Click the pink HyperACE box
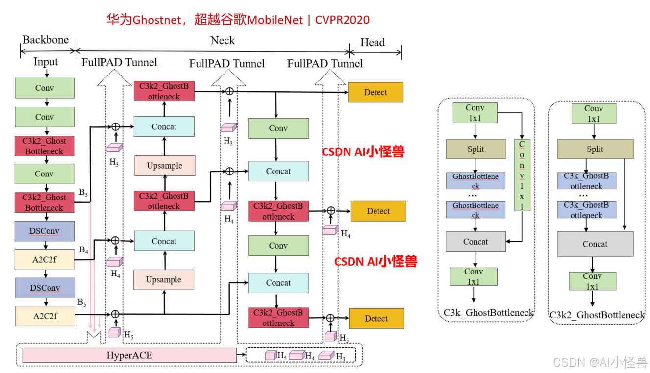tap(129, 355)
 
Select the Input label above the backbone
tap(46, 62)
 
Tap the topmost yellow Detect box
tap(375, 92)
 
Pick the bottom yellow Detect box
tap(376, 318)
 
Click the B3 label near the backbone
tap(83, 193)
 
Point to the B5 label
tap(82, 302)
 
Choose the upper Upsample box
tap(164, 166)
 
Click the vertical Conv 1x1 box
tap(522, 175)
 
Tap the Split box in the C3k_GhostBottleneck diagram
tap(475, 149)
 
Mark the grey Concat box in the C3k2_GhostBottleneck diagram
tap(595, 244)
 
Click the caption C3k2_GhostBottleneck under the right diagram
tap(597, 315)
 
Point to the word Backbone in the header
tap(46, 40)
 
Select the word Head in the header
tap(373, 43)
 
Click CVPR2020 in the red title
tap(342, 20)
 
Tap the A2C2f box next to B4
tap(45, 260)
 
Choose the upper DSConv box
tap(45, 231)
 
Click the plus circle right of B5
tap(115, 314)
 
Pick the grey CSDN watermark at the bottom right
tap(600, 362)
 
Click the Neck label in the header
tap(223, 41)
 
